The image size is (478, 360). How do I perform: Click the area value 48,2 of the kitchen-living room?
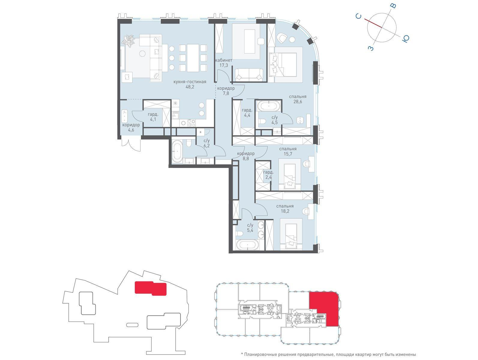[190, 87]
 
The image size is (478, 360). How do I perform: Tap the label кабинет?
[224, 60]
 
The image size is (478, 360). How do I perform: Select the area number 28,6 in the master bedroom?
[297, 101]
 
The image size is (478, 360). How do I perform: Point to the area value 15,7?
[288, 154]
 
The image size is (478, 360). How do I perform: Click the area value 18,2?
[285, 211]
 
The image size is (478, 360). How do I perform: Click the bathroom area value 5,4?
[250, 230]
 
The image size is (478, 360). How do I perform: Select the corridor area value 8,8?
[246, 159]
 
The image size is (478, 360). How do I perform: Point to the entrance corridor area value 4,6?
[131, 130]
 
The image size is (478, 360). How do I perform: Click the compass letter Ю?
[405, 38]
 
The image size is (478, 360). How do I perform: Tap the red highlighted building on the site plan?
[150, 288]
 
